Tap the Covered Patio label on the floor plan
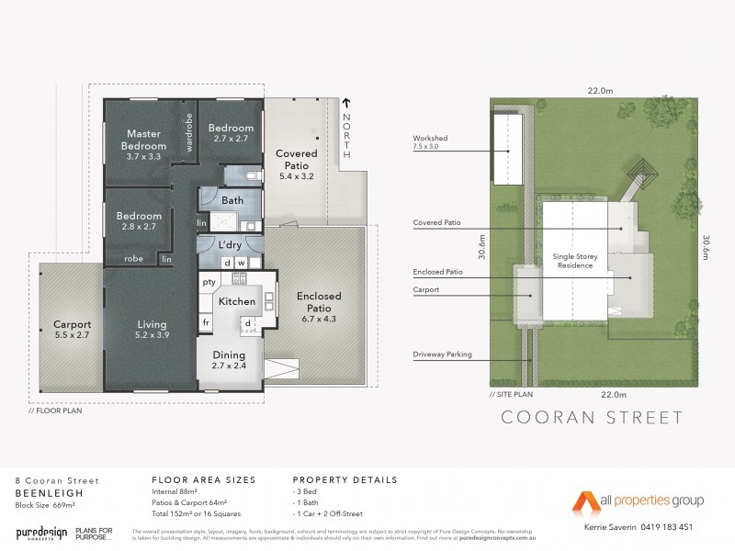(x=297, y=161)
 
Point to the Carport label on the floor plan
(x=72, y=330)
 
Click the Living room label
(x=153, y=330)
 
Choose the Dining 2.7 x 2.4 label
(x=230, y=359)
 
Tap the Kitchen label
(x=236, y=301)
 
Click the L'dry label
(x=230, y=245)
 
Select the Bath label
(x=232, y=200)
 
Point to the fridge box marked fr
(x=207, y=323)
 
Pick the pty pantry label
(x=209, y=282)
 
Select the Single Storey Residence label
(x=572, y=261)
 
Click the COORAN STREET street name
(x=592, y=419)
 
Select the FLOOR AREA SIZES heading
(x=203, y=479)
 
